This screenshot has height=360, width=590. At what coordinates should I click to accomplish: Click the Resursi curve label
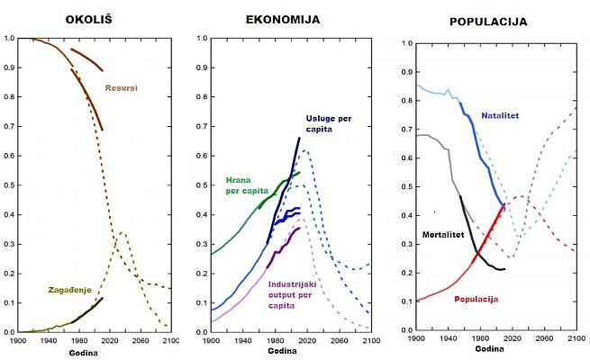(x=121, y=87)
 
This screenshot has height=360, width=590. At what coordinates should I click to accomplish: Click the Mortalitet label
(x=443, y=234)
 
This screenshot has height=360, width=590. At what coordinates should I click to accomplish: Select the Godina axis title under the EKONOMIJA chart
(x=290, y=353)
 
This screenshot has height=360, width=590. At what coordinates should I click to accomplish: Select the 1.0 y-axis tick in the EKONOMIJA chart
(x=202, y=38)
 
